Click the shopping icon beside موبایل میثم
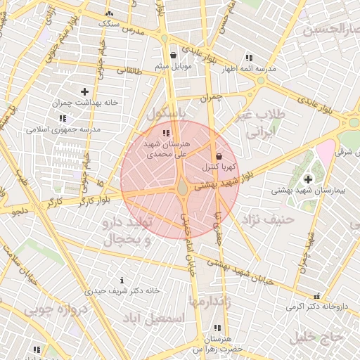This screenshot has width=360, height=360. click(x=173, y=56)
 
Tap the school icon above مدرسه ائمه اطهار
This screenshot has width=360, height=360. click(x=248, y=58)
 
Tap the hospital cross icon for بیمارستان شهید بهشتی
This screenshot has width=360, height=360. click(x=308, y=179)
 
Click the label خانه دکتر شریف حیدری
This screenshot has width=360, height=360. click(x=123, y=290)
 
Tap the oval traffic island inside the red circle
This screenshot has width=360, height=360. click(x=182, y=188)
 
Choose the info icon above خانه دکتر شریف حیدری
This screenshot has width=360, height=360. click(x=123, y=280)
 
